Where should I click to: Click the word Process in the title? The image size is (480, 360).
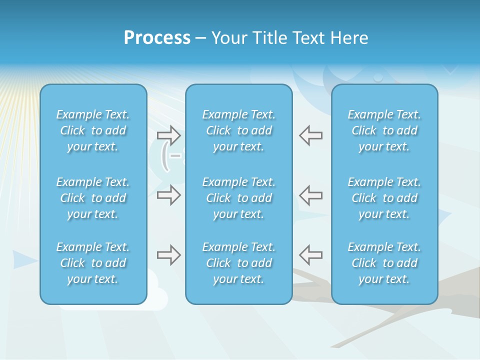157,38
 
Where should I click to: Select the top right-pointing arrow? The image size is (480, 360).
169,135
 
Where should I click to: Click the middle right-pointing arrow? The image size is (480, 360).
169,195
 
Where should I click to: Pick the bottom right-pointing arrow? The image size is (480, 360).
169,255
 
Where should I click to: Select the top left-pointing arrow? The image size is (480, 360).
311,135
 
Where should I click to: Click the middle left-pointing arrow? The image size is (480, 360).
311,195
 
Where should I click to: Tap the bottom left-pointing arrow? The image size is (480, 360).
311,255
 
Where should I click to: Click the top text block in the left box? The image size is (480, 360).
93,130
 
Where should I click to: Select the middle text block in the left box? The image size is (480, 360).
93,198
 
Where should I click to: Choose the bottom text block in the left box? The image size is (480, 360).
93,263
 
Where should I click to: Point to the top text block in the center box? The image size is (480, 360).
239,130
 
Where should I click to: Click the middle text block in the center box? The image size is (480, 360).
239,198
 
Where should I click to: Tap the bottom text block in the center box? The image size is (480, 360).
239,263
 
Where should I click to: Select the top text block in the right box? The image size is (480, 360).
384,130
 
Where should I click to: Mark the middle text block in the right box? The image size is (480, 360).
384,198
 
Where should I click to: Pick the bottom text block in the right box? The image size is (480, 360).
384,263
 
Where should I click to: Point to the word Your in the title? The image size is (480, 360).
229,38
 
